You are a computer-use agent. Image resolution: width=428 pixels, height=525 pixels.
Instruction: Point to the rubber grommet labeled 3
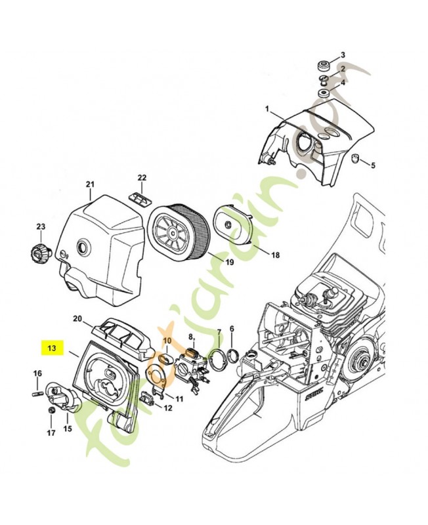[323, 67]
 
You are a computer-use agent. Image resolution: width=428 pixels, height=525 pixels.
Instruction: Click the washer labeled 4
[324, 93]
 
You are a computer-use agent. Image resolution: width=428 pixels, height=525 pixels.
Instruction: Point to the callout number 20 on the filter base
[77, 319]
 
